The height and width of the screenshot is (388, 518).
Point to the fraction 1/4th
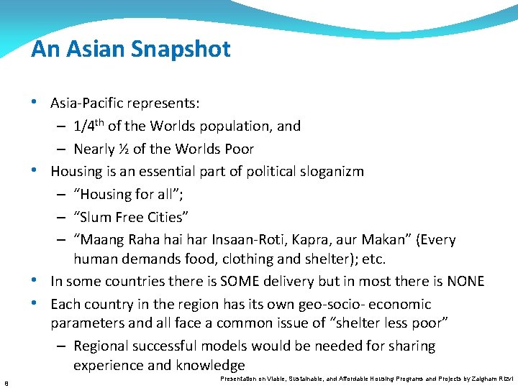(88, 125)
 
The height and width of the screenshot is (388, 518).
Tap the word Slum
(97, 216)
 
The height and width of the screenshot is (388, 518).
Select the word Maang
(101, 239)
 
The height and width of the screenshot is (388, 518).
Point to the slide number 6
(6, 382)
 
